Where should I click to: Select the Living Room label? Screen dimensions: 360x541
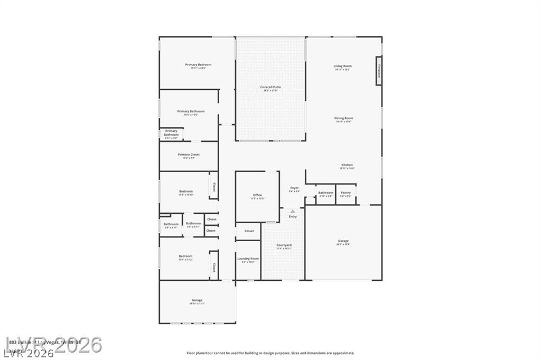click(342, 67)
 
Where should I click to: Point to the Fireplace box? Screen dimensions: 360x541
click(379, 71)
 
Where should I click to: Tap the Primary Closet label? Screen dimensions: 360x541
click(189, 156)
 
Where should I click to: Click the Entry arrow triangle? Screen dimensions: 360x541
click(293, 211)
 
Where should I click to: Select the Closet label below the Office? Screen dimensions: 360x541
click(249, 231)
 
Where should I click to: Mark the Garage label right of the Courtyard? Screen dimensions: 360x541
click(343, 242)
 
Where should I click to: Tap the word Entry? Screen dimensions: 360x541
click(293, 216)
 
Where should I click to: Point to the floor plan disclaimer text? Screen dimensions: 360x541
click(270, 353)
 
